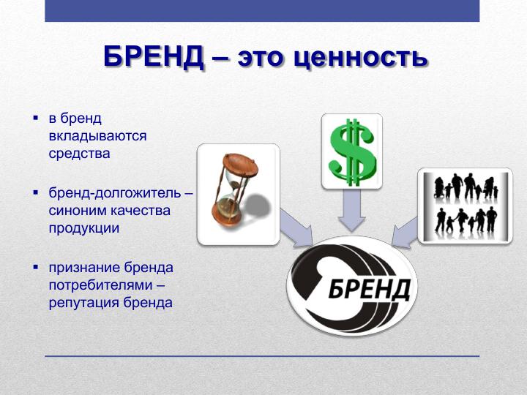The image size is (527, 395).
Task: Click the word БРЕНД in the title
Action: coord(154,56)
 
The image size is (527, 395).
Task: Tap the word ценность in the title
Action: coord(360,58)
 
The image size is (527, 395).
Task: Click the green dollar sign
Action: coord(352,152)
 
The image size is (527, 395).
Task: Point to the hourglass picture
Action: coord(239,194)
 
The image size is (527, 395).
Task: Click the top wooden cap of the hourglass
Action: coord(241,165)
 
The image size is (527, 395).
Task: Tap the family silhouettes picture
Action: coord(466,206)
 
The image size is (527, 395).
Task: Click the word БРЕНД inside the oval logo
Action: coord(369,289)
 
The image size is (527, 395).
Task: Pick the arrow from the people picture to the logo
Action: coord(405,233)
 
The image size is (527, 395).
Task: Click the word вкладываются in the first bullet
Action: coord(98,136)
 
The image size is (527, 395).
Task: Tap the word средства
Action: coord(80,154)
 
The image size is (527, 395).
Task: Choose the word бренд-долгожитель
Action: coord(115,193)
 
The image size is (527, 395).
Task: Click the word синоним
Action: coord(77,211)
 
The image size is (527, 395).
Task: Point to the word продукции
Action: coord(84,228)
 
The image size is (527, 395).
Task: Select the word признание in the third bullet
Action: coord(84,268)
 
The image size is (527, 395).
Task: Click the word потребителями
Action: coord(100,285)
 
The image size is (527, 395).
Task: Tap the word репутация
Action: coord(84,303)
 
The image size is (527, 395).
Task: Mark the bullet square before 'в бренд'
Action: coord(36,118)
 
